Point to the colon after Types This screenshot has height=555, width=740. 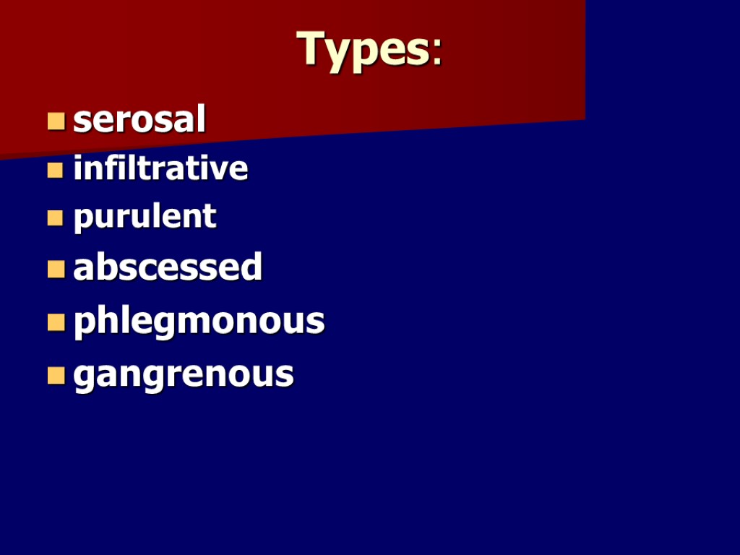(x=436, y=52)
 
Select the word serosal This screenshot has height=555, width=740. (x=139, y=120)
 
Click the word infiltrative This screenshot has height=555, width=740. (x=160, y=169)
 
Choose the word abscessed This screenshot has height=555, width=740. (x=168, y=267)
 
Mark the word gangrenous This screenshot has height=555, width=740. (x=184, y=374)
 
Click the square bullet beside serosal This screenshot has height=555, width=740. (x=56, y=121)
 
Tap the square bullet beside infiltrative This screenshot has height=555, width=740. (x=56, y=171)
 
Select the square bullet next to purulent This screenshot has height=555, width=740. (x=56, y=218)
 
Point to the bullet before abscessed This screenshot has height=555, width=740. (x=56, y=270)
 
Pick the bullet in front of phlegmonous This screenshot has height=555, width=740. (x=56, y=322)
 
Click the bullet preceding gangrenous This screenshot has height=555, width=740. (x=56, y=375)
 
